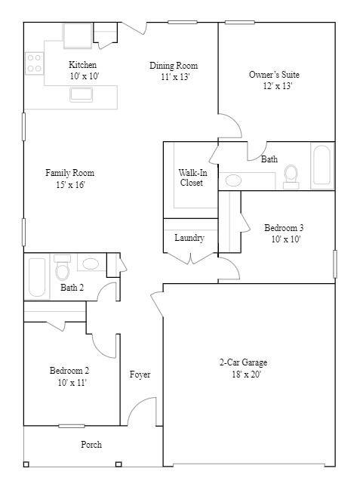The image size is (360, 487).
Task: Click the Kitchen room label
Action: coord(83,65)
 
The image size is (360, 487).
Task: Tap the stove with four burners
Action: coord(34,63)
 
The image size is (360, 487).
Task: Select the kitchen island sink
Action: coord(82,94)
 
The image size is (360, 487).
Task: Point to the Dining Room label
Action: coord(173,66)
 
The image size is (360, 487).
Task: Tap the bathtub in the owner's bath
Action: coord(322,166)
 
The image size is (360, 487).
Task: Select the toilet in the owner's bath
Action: coord(291,175)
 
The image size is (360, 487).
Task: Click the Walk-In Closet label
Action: coord(191,177)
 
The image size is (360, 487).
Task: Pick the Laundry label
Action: coord(189,238)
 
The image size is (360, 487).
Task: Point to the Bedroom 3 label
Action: coord(284,228)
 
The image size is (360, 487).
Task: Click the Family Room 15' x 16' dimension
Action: coord(69,185)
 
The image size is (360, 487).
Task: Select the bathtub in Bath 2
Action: coord(37,277)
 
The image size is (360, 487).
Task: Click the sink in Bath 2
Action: coord(90,264)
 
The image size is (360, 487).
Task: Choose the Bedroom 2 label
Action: coord(69,371)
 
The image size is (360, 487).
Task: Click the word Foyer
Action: coord(140,374)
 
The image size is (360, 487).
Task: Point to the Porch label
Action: coord(91,445)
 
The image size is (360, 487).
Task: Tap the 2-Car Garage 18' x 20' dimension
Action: coord(243,374)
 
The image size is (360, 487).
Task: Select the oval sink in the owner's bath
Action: coord(234,180)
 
